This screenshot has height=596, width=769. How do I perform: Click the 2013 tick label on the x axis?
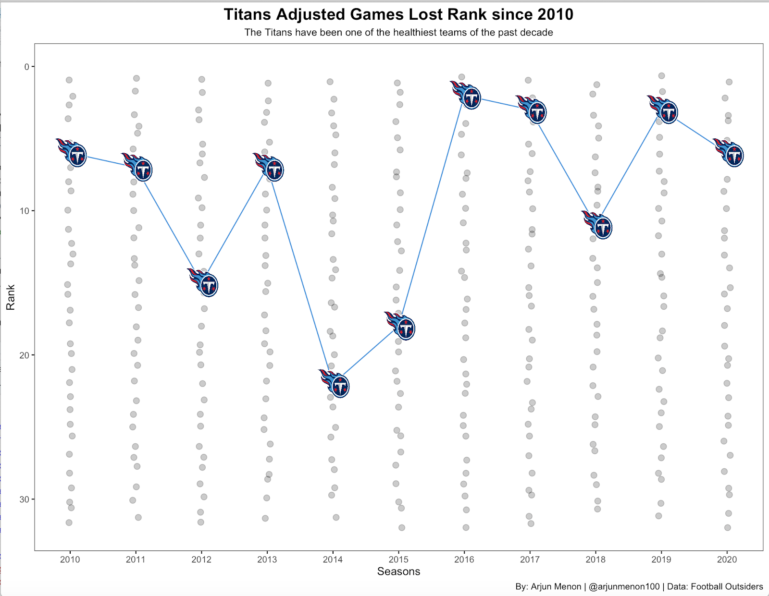tap(267, 560)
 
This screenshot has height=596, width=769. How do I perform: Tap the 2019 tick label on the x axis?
tap(661, 560)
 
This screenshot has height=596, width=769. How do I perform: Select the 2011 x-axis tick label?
tap(136, 560)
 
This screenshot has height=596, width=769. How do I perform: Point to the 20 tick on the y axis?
tap(24, 355)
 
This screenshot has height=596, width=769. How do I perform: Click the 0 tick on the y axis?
tap(27, 67)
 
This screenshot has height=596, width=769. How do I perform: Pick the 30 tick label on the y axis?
tap(24, 499)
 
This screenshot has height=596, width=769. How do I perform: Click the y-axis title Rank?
tap(11, 297)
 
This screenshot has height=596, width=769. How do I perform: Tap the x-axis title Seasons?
tap(398, 572)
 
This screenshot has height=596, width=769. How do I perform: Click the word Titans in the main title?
tap(248, 14)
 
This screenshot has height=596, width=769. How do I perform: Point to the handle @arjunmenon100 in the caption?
tap(624, 586)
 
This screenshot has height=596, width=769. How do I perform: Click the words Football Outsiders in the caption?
tap(727, 586)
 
